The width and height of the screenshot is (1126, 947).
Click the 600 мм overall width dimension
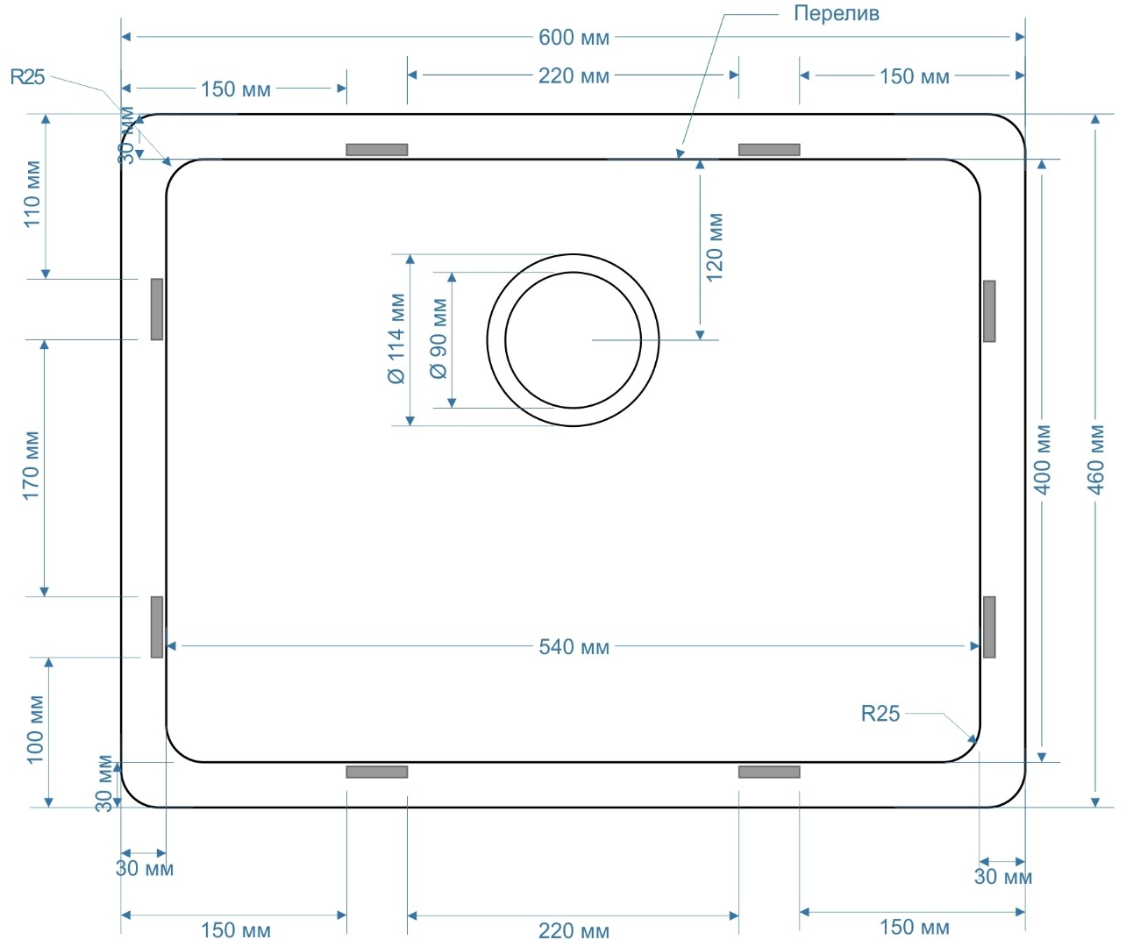574,37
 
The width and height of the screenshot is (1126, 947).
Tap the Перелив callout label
836,13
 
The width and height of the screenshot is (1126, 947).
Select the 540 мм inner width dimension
574,647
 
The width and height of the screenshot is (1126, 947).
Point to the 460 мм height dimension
1096,459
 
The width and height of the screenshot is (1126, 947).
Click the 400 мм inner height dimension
1043,459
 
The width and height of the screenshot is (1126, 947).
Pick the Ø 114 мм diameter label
397,339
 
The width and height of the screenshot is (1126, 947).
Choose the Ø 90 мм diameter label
438,339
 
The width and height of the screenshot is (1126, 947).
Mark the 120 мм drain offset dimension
715,246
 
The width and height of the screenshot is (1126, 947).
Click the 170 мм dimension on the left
32,466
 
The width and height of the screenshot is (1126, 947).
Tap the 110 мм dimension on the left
32,194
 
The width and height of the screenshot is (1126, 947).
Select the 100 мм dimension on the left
35,730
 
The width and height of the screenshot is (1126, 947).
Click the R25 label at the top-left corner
27,77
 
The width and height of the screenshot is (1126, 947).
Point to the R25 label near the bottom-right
880,714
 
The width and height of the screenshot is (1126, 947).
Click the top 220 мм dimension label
574,75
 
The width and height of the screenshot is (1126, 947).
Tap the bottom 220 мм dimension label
574,930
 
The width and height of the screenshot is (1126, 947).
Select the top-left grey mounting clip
377,150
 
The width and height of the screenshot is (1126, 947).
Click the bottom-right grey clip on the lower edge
769,772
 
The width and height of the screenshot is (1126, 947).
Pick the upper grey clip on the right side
989,311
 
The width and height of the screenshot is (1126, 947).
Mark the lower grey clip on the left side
157,627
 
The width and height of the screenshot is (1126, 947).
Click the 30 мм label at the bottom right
1002,877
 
